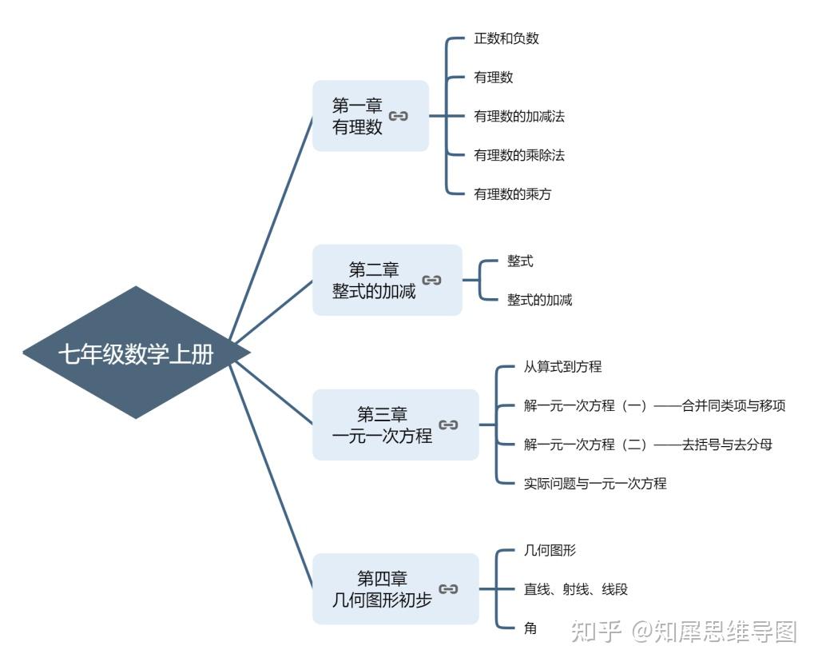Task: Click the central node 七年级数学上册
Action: pyautogui.click(x=136, y=353)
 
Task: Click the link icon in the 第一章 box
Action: pyautogui.click(x=399, y=116)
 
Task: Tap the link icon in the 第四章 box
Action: pyautogui.click(x=449, y=589)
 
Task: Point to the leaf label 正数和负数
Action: pyautogui.click(x=506, y=38)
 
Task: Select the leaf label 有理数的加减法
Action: pyautogui.click(x=519, y=116)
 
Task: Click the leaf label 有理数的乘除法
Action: pyautogui.click(x=519, y=155)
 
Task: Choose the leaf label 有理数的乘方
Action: pyautogui.click(x=513, y=193)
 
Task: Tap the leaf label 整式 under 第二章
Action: pyautogui.click(x=520, y=261)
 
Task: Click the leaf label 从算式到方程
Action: pyautogui.click(x=563, y=367)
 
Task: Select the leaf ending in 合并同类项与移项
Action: pyautogui.click(x=654, y=405)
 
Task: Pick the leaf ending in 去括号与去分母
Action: pyautogui.click(x=648, y=445)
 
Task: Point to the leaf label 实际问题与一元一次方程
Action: pyautogui.click(x=595, y=483)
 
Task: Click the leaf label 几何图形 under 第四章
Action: pyautogui.click(x=550, y=550)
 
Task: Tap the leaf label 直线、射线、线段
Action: pyautogui.click(x=576, y=589)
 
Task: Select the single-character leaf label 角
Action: pyautogui.click(x=530, y=628)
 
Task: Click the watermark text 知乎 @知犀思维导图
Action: pyautogui.click(x=683, y=632)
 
